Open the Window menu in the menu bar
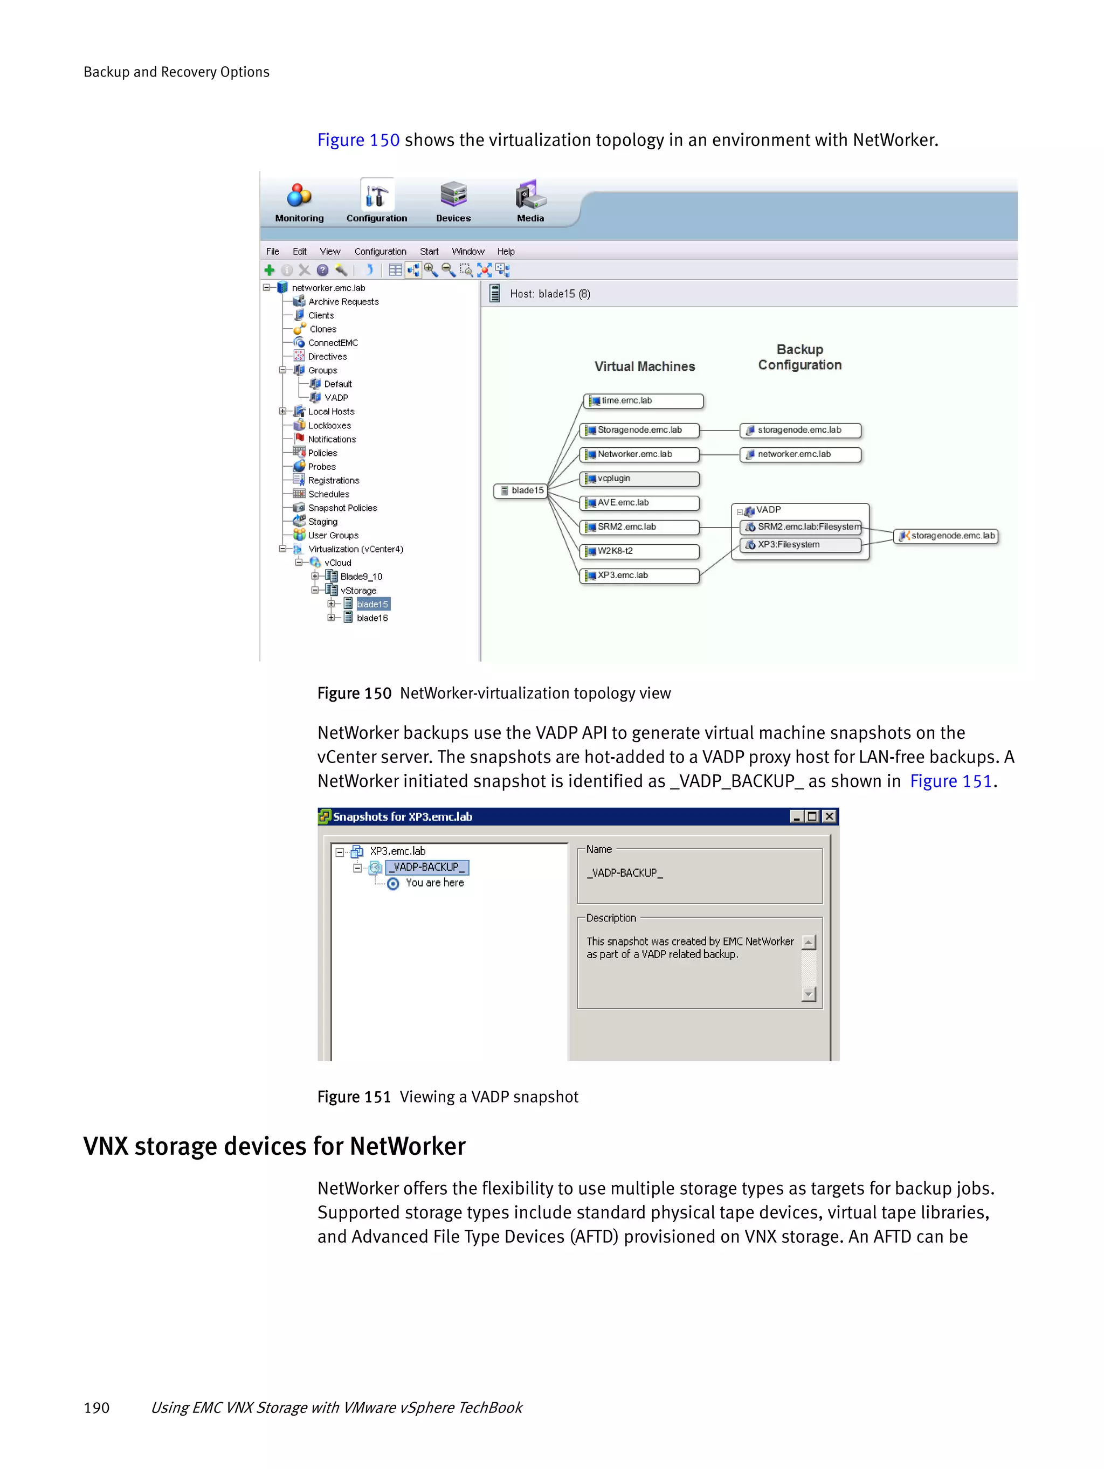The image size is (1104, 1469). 468,252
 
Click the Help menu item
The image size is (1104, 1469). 506,252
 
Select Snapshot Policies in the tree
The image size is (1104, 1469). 342,508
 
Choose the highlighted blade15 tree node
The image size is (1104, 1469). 372,604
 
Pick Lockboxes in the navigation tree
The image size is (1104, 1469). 329,426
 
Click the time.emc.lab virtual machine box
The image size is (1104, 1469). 643,401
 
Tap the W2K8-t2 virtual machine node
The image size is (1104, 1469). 639,551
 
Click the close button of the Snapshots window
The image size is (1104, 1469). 829,816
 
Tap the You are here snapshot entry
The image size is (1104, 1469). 434,883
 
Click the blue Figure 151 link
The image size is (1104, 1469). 950,781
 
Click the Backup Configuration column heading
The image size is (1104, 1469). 800,357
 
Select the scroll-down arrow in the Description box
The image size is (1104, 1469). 809,994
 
